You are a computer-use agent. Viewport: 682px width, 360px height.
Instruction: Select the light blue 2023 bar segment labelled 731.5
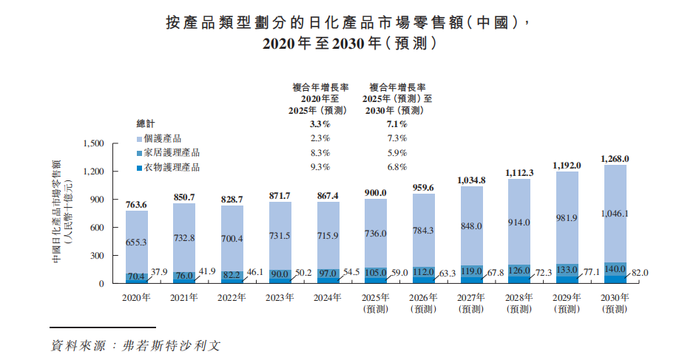280,234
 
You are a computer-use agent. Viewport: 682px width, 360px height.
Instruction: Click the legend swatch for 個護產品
140,139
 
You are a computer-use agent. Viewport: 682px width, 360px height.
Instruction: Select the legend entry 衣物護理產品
172,167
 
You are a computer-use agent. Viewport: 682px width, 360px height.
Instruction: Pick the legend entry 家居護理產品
172,153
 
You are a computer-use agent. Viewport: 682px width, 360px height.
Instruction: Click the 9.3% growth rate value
320,167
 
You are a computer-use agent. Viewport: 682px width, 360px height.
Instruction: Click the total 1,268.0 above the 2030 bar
615,159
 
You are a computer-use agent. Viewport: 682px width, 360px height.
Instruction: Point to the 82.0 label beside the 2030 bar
640,273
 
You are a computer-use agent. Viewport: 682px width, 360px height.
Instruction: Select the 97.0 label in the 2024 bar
328,274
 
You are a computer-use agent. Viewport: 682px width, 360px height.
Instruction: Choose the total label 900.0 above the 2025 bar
376,193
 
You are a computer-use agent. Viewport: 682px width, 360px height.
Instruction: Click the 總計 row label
146,124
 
